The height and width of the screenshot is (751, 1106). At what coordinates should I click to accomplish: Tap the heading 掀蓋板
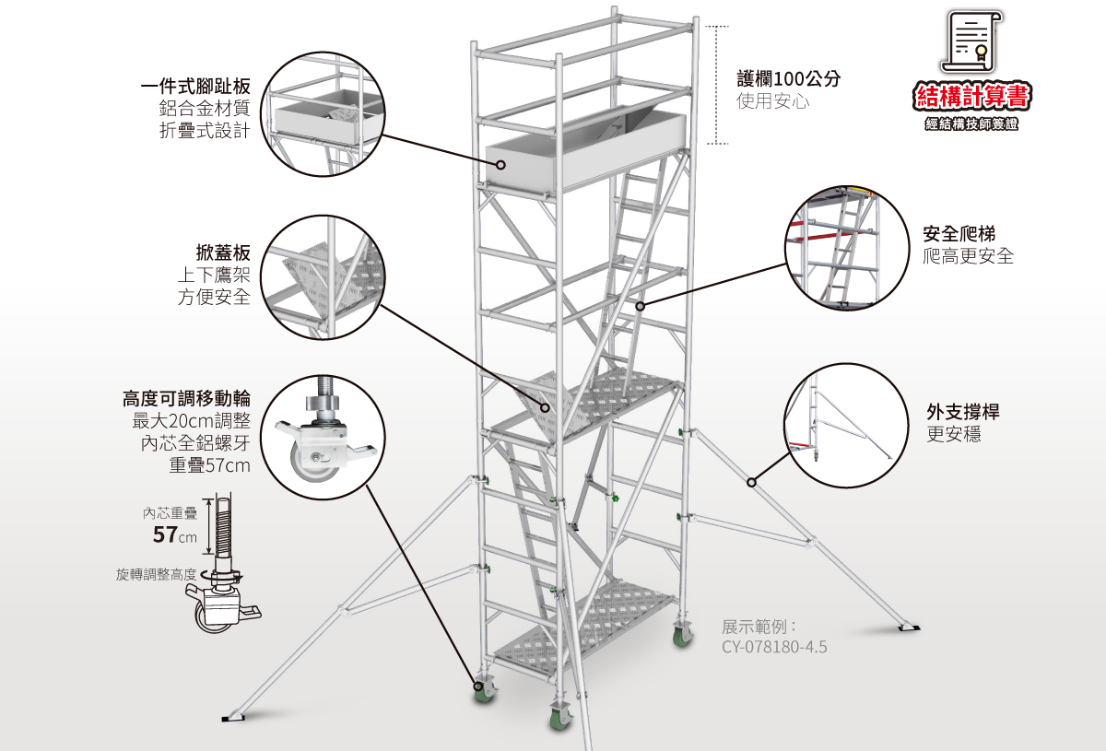tap(223, 252)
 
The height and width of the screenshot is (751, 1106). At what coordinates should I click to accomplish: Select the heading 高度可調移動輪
tap(186, 398)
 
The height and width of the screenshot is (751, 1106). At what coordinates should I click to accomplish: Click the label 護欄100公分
tap(788, 79)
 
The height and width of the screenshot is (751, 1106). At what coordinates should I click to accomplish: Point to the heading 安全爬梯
tap(959, 234)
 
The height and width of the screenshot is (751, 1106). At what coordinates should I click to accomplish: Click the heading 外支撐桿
tap(962, 412)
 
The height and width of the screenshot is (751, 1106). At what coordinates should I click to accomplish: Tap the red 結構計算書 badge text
tap(971, 96)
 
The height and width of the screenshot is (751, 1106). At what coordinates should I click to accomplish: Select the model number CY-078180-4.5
tap(774, 647)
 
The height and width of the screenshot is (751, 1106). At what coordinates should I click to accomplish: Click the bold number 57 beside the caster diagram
tap(165, 535)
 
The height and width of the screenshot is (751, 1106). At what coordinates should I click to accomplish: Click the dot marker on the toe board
tap(500, 165)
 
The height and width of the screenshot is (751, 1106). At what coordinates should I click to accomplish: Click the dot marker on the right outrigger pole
tap(752, 481)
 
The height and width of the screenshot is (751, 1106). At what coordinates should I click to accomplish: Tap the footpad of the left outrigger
tap(235, 716)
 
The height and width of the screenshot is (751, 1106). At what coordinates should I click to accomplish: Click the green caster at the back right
tap(682, 635)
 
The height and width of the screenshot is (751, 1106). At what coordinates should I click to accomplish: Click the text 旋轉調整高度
tap(156, 574)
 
